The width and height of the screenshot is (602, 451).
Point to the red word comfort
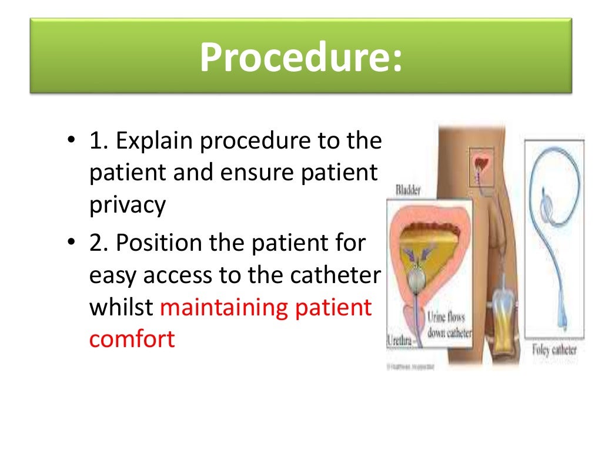(x=132, y=339)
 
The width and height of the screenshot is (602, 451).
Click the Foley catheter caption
(x=554, y=351)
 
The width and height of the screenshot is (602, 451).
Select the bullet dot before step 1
(x=71, y=142)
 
